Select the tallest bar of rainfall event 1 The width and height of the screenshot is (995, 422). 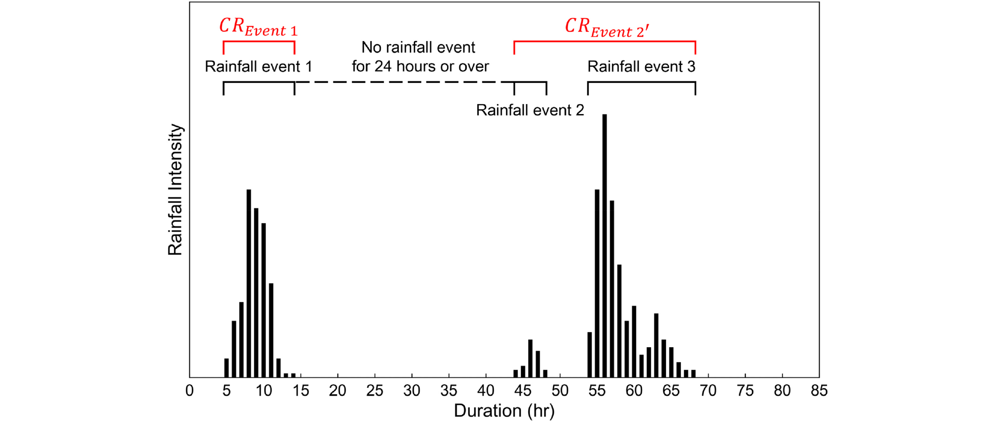(249, 283)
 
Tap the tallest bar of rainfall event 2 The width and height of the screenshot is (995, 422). (530, 358)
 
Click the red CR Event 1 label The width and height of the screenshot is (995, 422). (258, 27)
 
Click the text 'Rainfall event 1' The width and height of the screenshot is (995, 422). (258, 66)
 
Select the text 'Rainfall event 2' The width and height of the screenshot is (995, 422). (530, 110)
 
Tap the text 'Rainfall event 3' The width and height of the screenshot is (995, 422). (641, 66)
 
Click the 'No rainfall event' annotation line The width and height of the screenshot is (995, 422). (418, 48)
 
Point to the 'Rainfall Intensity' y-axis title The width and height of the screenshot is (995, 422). (175, 189)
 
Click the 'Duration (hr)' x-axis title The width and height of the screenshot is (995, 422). (504, 411)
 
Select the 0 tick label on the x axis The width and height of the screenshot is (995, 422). (189, 391)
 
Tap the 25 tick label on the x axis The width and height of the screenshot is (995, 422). (375, 391)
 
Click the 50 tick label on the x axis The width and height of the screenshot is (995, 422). (560, 391)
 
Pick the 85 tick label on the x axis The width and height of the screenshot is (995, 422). (819, 391)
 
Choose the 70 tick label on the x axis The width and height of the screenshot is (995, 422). (708, 391)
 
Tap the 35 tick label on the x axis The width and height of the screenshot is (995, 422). (449, 391)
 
